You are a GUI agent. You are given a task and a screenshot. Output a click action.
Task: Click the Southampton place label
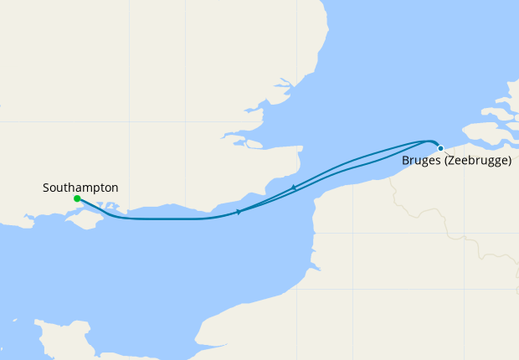[x=80, y=188]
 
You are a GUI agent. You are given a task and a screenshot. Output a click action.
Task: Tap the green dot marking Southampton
[x=77, y=198]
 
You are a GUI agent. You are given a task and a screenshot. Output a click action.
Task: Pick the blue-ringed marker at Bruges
[x=440, y=148]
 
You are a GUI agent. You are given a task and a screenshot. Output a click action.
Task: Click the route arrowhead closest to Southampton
[x=239, y=212]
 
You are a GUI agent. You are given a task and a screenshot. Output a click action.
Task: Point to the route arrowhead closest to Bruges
[x=293, y=188]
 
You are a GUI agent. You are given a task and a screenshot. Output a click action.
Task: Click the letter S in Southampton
[x=46, y=188]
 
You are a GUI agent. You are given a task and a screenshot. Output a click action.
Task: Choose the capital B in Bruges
[x=406, y=160]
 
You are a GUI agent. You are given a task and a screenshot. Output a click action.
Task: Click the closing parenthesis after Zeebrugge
[x=509, y=160]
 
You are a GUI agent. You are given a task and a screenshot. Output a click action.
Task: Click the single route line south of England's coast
[x=167, y=219]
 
